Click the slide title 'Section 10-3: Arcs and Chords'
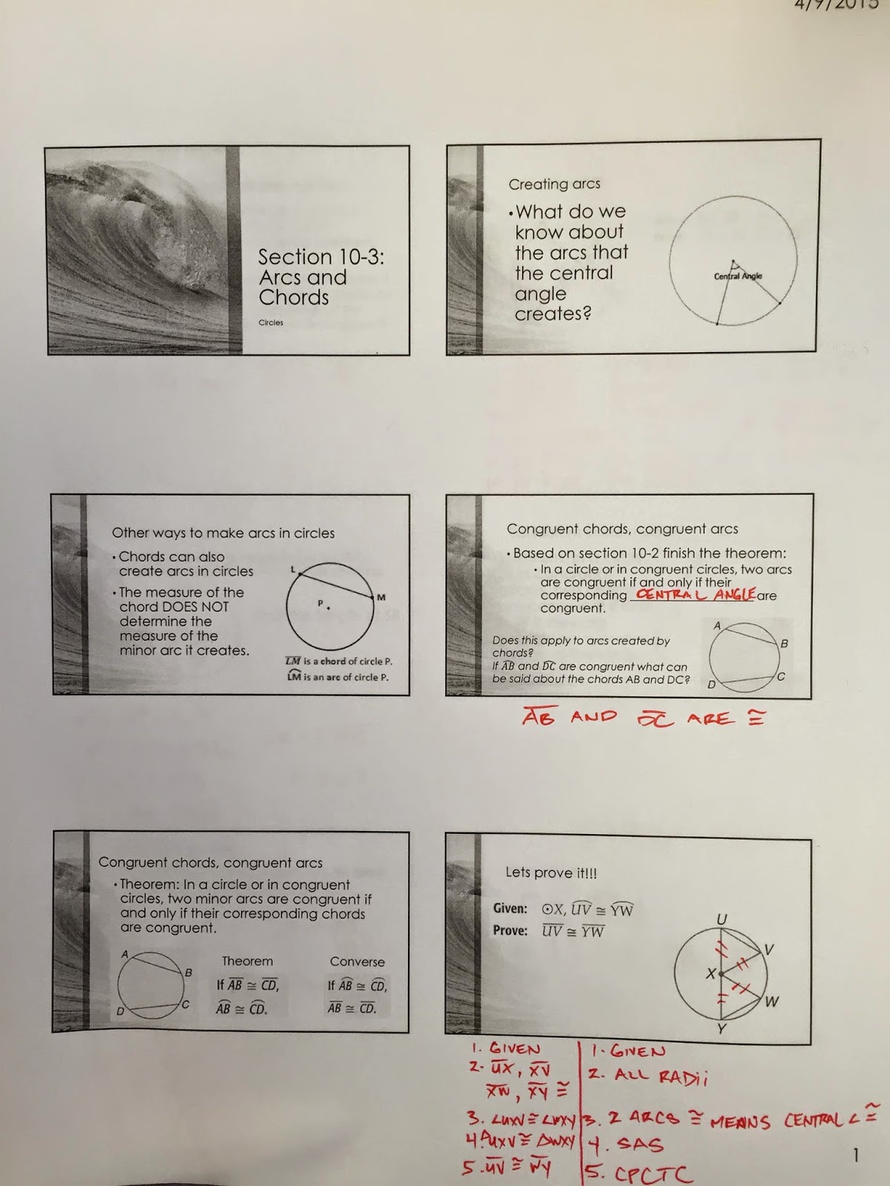pos(320,277)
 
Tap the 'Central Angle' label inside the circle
pos(738,276)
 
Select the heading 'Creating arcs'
pos(554,184)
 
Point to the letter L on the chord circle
pos(293,569)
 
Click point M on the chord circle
pos(381,597)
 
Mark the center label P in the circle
pos(321,603)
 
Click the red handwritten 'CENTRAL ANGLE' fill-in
pos(695,594)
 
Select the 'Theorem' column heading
pos(247,961)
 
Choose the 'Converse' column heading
pos(357,961)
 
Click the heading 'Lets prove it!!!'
pos(551,872)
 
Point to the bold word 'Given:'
pos(510,909)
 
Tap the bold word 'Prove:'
pos(510,930)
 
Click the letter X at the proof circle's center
pos(711,974)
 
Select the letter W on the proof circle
pos(771,1002)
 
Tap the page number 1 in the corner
pos(857,1155)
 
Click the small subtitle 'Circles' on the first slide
pos(271,322)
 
